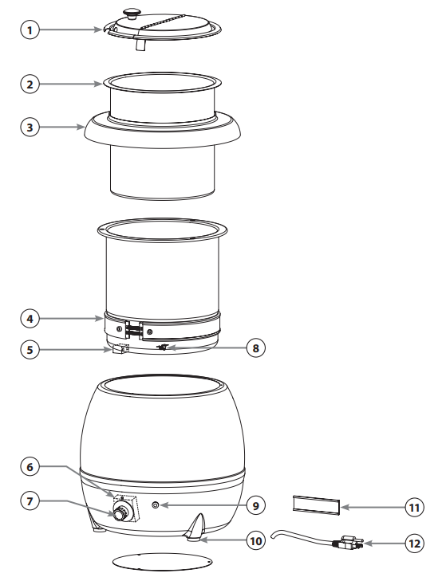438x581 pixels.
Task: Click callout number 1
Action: click(x=30, y=30)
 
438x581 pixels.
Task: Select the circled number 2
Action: click(x=30, y=83)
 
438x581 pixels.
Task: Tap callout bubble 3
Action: click(x=30, y=128)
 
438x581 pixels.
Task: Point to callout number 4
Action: click(x=30, y=319)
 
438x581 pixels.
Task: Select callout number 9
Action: click(x=255, y=504)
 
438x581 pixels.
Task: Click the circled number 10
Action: click(x=255, y=541)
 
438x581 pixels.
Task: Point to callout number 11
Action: click(x=413, y=505)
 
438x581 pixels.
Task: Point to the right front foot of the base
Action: click(x=197, y=528)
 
